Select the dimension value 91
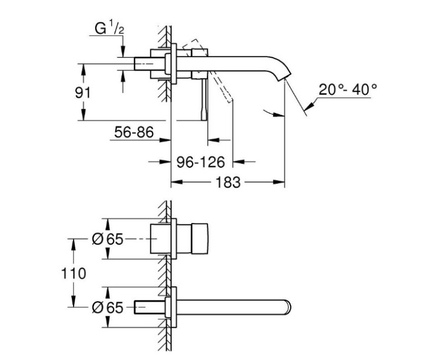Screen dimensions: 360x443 coord(83,92)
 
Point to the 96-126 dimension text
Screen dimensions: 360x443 coord(200,162)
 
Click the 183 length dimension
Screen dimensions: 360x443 coord(228,182)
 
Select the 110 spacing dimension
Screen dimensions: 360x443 coord(78,272)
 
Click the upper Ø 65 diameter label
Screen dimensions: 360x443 coord(106,239)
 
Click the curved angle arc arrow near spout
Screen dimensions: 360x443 coord(271,113)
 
